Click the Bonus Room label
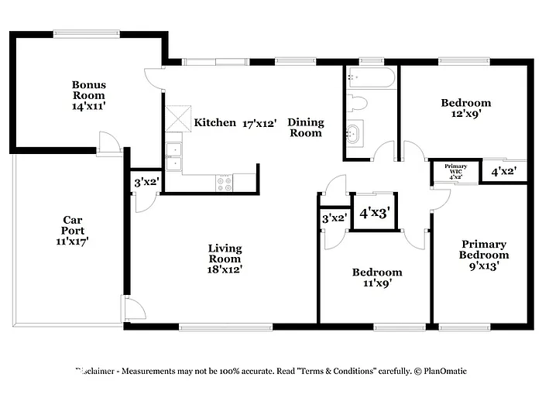[89, 96]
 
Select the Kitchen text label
[214, 122]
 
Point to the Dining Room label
[305, 128]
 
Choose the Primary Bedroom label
[484, 255]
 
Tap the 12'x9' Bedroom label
[465, 108]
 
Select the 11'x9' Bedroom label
[377, 277]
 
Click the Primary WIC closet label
[455, 171]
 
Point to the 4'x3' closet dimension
[375, 211]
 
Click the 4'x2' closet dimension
[504, 171]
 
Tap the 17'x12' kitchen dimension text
[259, 123]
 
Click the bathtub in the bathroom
[371, 77]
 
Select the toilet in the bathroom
[358, 102]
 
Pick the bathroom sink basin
[355, 134]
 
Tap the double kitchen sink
[174, 155]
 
